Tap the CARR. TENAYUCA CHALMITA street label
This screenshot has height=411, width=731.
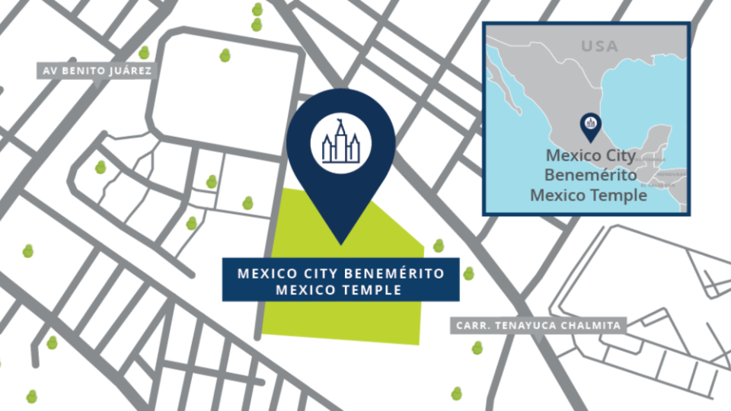[x=538, y=326]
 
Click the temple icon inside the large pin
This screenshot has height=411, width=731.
[x=340, y=142]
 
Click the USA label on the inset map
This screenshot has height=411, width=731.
[x=599, y=47]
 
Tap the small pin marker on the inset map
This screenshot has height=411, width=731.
[x=590, y=123]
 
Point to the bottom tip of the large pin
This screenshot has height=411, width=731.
[x=340, y=244]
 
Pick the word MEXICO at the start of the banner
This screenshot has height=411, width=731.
[x=258, y=272]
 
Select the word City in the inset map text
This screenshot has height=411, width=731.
[x=616, y=155]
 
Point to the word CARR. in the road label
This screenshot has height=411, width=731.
[x=471, y=326]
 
